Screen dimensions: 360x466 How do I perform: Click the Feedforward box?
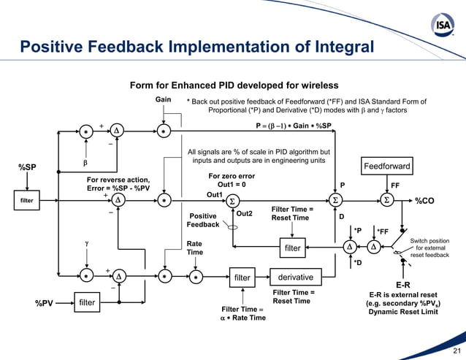[x=386, y=167]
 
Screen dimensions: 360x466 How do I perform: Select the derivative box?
[x=296, y=277]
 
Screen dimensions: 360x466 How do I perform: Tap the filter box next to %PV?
[x=87, y=302]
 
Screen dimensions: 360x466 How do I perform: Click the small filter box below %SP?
[x=26, y=199]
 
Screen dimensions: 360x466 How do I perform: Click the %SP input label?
[x=28, y=168]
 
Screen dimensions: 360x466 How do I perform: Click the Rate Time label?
[x=194, y=248]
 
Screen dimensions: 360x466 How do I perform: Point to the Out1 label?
[x=214, y=195]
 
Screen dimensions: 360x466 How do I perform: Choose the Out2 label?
[x=245, y=214]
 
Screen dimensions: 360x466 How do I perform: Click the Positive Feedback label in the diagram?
[x=204, y=220]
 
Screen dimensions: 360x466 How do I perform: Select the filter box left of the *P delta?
[x=292, y=248]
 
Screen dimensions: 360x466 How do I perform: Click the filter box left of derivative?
[x=242, y=277]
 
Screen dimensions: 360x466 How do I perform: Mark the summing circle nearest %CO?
[x=386, y=200]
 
